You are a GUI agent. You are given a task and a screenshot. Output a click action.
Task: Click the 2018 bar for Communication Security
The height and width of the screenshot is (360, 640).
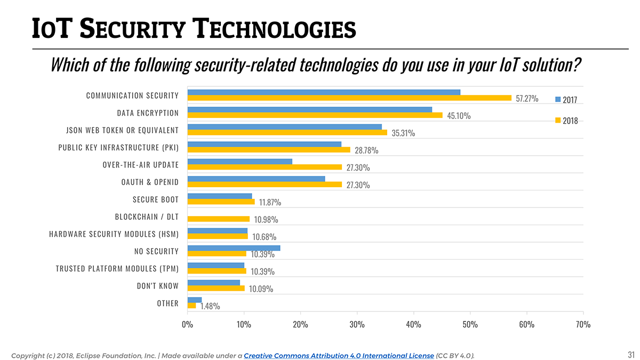pos(349,98)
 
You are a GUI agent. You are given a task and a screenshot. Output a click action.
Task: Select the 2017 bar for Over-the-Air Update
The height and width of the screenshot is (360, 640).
pos(240,162)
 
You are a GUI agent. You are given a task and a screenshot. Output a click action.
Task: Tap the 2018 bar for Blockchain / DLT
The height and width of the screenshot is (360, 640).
pos(219,219)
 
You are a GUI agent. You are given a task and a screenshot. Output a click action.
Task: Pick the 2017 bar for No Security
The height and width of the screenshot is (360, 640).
pos(234,248)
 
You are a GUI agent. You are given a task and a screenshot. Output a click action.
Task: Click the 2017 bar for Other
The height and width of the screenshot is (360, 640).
pos(195,300)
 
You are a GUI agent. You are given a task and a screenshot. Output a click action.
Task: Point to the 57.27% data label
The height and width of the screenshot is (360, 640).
pos(527,99)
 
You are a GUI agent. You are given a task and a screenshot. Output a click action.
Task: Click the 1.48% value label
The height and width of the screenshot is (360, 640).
pos(210,306)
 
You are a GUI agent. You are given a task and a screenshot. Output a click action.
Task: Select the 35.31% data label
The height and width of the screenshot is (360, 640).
pos(403,133)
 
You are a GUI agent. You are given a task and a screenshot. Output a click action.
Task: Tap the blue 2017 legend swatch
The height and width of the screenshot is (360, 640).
pos(558,99)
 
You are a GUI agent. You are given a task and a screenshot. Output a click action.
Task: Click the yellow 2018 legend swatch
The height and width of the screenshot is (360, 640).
pos(558,121)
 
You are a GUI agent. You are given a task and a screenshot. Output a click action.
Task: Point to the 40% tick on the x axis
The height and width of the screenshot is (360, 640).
pos(413,324)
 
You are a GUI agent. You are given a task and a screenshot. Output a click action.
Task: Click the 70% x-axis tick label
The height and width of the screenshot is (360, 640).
pos(583,324)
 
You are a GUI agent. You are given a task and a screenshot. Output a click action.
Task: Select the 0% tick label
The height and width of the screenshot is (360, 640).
pos(188,324)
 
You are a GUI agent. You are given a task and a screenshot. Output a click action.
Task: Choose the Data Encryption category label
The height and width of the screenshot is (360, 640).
pos(148,113)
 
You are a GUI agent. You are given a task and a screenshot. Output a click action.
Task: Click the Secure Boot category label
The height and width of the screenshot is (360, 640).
pos(156,199)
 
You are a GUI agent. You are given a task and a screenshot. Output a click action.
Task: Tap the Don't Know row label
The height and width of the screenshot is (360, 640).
pos(158,286)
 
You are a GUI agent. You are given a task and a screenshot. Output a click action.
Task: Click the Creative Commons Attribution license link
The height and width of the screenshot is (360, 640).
pos(339,355)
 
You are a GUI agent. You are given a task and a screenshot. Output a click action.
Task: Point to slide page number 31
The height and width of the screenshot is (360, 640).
pos(631,355)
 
